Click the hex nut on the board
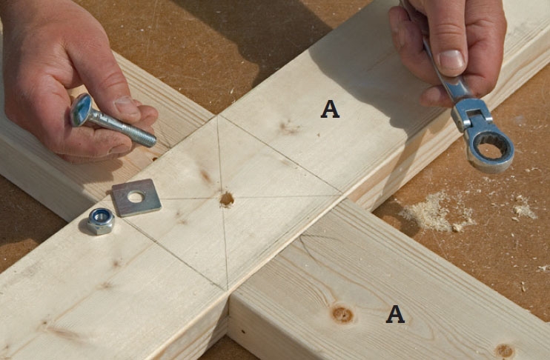pos(101,221)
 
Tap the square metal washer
pos(136,198)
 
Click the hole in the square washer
pos(136,197)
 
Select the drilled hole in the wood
pos(227,199)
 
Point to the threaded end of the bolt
pos(142,136)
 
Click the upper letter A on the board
pos(330,109)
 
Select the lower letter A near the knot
pos(395,314)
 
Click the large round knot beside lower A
pos(342,314)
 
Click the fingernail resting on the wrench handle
pos(452,59)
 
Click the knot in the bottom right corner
pos(504,351)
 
